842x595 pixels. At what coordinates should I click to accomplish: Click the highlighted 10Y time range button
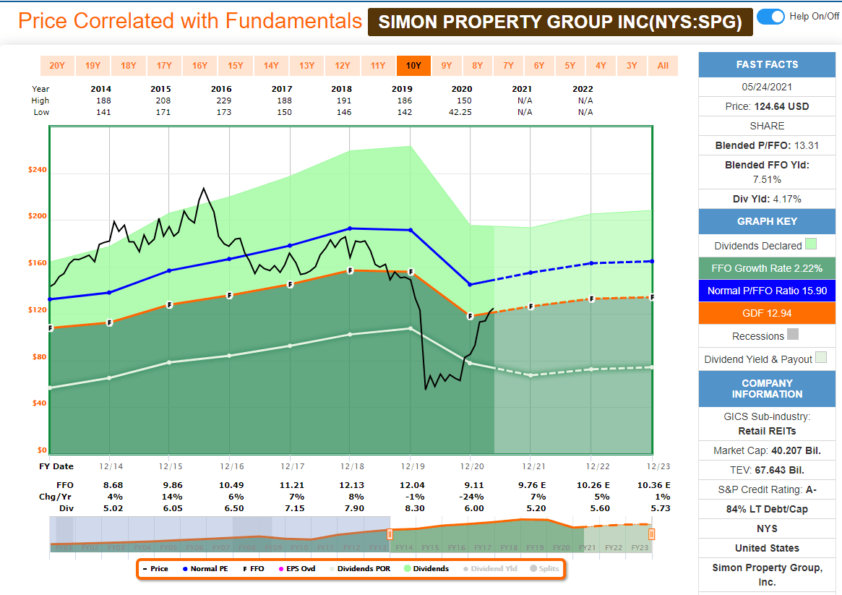tap(413, 66)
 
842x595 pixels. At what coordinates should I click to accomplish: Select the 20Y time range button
tap(57, 66)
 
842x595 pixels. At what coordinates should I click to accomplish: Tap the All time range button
tap(663, 66)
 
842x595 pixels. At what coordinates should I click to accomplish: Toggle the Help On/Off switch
tap(770, 17)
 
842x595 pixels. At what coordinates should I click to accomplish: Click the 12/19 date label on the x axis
tap(410, 466)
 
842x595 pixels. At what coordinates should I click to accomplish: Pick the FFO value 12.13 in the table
tap(350, 485)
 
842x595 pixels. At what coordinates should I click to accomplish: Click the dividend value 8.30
tap(411, 508)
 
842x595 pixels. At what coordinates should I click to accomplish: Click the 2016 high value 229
tap(224, 100)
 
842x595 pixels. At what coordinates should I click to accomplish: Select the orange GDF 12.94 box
tap(767, 313)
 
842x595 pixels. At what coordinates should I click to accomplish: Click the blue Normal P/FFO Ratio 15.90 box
tap(767, 291)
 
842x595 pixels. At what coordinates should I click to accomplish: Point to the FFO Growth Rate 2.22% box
tap(767, 268)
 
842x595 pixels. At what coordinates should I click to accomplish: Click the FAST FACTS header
tap(767, 64)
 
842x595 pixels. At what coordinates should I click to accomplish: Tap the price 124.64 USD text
tap(767, 106)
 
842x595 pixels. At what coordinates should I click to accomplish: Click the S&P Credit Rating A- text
tap(767, 489)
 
